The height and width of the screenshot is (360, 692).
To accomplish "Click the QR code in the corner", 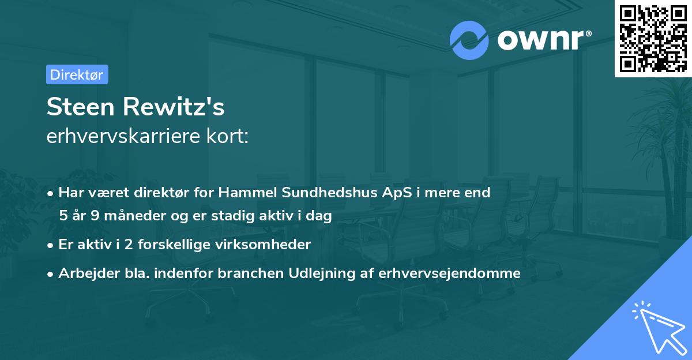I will click(x=653, y=39).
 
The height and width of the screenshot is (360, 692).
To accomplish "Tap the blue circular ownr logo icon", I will click(x=469, y=40).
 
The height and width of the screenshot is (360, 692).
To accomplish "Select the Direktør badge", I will click(x=77, y=74).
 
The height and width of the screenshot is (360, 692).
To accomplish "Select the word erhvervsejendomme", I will click(x=450, y=273).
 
